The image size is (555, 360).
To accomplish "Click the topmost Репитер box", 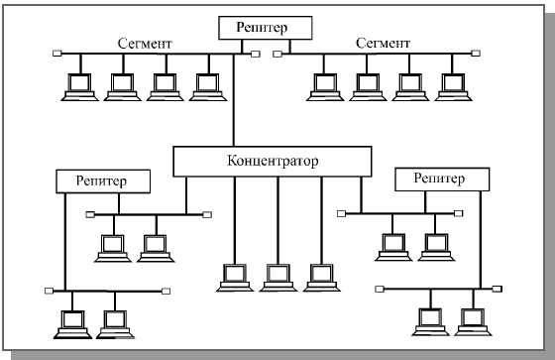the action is (266, 28).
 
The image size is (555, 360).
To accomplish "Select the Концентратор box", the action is (273, 162).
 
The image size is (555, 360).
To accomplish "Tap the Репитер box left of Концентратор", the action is (103, 181).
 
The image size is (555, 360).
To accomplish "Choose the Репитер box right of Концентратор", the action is (442, 180).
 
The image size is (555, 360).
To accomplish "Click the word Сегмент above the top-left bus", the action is (145, 44).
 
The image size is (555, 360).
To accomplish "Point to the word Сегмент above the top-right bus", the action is (383, 44).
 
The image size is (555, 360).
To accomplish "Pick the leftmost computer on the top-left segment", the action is (79, 87).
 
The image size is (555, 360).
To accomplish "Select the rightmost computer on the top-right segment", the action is (453, 87).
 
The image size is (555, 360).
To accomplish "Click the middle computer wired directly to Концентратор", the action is (278, 278).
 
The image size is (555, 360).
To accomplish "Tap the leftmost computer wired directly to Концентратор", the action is (235, 278).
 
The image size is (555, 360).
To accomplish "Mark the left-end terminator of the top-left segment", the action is (57, 54).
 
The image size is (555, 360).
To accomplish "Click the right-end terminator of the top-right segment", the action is (476, 54).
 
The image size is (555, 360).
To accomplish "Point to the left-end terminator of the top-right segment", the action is (277, 54).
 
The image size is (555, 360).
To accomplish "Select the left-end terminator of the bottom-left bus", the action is (50, 291).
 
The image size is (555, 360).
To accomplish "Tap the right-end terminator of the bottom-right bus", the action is (498, 289).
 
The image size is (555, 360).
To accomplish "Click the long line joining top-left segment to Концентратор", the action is (233, 100).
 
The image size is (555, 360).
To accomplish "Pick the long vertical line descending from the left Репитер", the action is (65, 242).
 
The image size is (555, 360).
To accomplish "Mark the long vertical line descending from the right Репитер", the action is (481, 240).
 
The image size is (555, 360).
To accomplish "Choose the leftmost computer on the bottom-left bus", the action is (72, 324).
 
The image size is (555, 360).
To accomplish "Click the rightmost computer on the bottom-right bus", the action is (474, 321).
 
